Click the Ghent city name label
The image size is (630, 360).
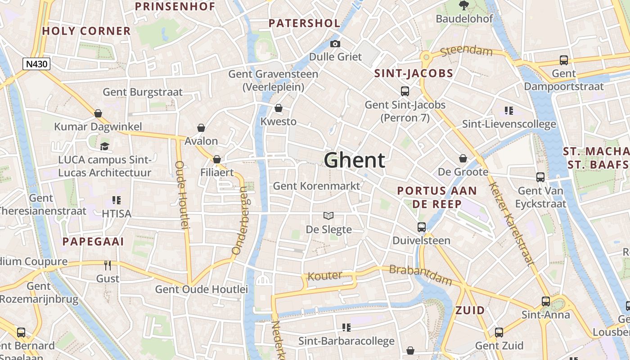pyautogui.click(x=354, y=160)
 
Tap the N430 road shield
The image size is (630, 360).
pyautogui.click(x=36, y=64)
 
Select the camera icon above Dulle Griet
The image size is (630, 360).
pyautogui.click(x=335, y=44)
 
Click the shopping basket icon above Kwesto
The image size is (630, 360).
pyautogui.click(x=279, y=108)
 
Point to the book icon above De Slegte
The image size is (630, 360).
pyautogui.click(x=329, y=216)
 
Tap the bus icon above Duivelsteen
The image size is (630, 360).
pyautogui.click(x=422, y=227)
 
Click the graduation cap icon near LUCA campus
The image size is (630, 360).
pyautogui.click(x=104, y=146)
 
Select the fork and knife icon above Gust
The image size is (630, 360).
pyautogui.click(x=108, y=265)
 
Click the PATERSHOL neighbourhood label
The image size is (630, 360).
pyautogui.click(x=304, y=23)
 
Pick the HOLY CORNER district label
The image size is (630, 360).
pyautogui.click(x=86, y=31)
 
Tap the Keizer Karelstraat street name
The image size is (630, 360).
pyautogui.click(x=512, y=223)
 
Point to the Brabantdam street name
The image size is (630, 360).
pyautogui.click(x=420, y=275)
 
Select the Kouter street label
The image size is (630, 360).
pyautogui.click(x=324, y=276)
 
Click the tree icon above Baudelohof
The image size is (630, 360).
pyautogui.click(x=463, y=5)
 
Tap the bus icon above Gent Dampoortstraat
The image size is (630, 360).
pyautogui.click(x=563, y=60)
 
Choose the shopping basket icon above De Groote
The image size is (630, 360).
pyautogui.click(x=463, y=158)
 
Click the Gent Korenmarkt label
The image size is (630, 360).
pyautogui.click(x=316, y=186)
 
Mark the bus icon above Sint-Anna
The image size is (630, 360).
pyautogui.click(x=545, y=301)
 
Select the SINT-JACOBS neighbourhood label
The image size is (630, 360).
pyautogui.click(x=414, y=73)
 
